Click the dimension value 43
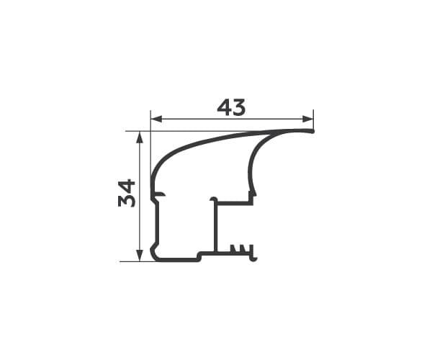click(x=231, y=107)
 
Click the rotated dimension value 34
click(x=127, y=193)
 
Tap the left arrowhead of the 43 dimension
click(x=156, y=119)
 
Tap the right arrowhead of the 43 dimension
click(x=307, y=119)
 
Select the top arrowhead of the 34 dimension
click(x=140, y=137)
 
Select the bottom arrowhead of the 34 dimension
click(x=140, y=256)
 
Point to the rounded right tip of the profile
click(x=312, y=131)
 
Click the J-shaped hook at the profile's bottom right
click(x=253, y=254)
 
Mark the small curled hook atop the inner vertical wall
click(x=213, y=199)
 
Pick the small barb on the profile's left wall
click(x=161, y=195)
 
